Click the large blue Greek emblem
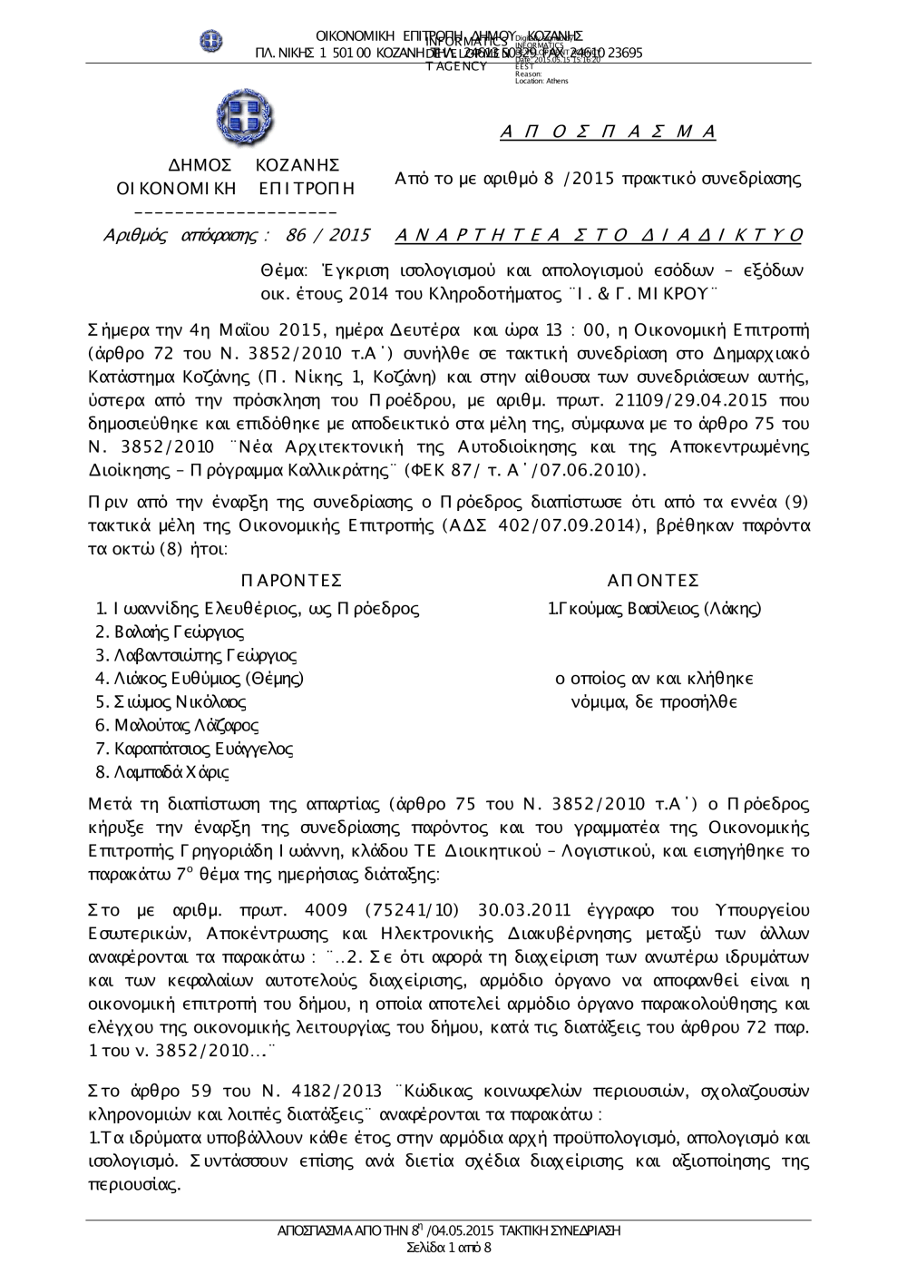pyautogui.click(x=245, y=117)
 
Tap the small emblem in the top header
pyautogui.click(x=212, y=41)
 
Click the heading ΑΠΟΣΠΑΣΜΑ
pyautogui.click(x=609, y=132)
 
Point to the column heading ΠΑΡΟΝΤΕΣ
pyautogui.click(x=292, y=582)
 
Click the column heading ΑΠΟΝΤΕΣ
pyautogui.click(x=653, y=582)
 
